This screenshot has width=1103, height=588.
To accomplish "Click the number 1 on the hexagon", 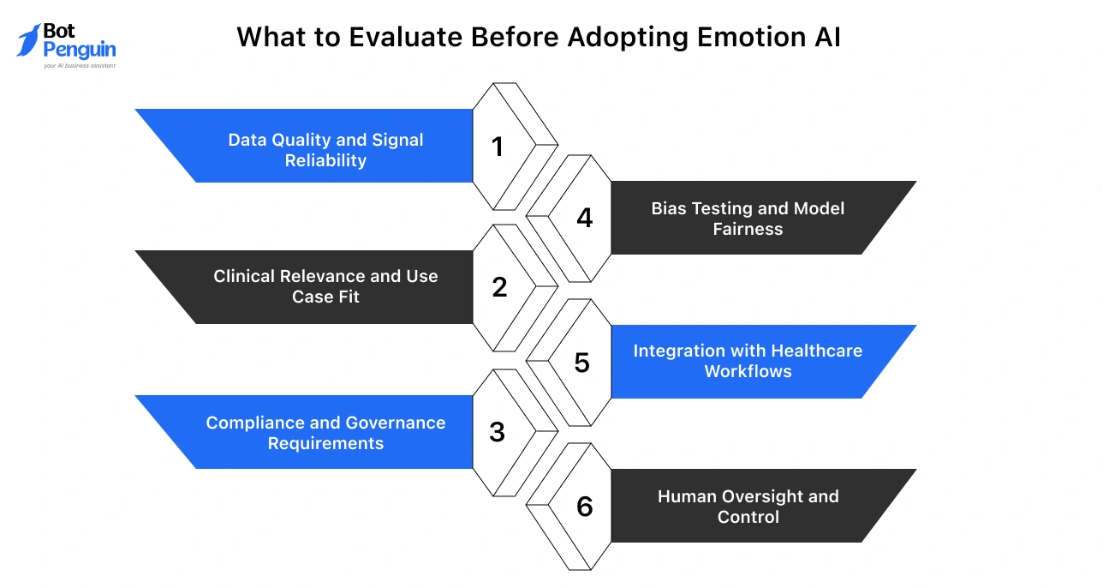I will [x=498, y=147].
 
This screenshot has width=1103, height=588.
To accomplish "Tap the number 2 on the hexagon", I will [x=499, y=288].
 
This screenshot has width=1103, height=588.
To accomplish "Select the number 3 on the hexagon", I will [x=498, y=433].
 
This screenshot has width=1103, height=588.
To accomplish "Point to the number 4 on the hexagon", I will [x=584, y=219].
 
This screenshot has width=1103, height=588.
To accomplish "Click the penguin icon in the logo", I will [x=27, y=40].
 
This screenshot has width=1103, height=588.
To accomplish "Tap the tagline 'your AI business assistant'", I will [x=79, y=66].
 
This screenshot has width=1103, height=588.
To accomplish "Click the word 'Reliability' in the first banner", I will [x=325, y=160].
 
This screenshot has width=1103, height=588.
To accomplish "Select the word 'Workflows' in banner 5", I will [x=748, y=371].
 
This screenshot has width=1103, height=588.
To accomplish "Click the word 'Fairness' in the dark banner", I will [x=748, y=229].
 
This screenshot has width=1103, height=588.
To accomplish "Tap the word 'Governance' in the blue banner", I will [x=396, y=423].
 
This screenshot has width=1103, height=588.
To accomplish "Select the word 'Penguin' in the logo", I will [x=79, y=50].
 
